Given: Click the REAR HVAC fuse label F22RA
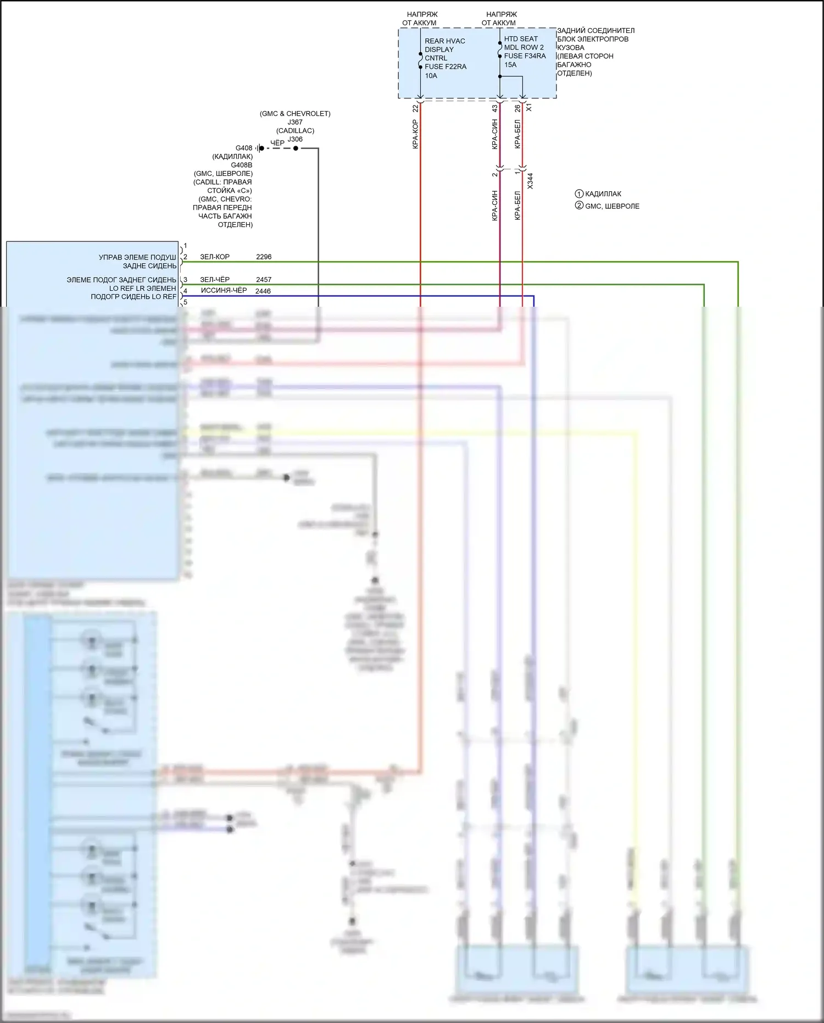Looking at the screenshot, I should point(445,67).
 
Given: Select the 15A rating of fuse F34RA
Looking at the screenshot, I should point(510,65).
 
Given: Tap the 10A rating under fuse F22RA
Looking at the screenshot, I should point(431,76).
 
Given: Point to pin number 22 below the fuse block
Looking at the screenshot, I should point(416,109).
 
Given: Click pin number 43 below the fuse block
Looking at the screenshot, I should point(494,109).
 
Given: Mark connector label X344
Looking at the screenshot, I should point(530,181).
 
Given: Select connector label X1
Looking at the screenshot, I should point(529,108).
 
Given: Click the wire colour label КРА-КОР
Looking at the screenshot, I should point(415,134).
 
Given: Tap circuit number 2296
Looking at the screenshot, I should point(264,257).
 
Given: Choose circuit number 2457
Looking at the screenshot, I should point(264,280).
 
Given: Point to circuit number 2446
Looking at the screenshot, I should point(263,291).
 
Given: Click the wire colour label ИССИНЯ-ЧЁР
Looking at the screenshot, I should point(224,290).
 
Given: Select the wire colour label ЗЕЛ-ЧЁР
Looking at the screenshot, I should point(215,280).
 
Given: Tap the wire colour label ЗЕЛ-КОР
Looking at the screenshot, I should point(215,257).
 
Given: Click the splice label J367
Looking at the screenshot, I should point(295,122).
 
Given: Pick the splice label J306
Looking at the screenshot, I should point(295,139).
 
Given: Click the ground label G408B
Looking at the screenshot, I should point(242,165).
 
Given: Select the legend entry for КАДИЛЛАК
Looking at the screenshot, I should point(603,194).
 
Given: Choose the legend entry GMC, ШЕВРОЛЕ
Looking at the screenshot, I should point(612,206).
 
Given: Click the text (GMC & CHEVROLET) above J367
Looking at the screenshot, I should point(295,114).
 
